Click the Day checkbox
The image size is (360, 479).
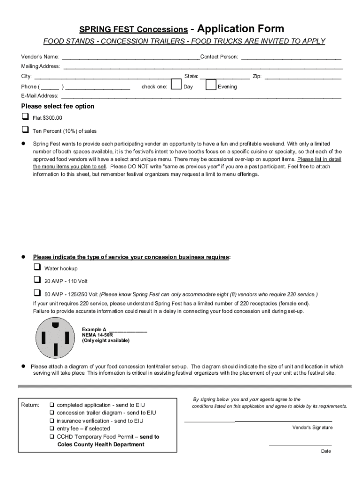coord(176,85)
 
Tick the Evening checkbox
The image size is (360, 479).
coord(211,85)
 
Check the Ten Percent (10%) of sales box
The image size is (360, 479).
coord(25,129)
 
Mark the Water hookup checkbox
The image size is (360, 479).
coord(37,267)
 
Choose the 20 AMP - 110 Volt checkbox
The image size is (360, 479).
coord(37,280)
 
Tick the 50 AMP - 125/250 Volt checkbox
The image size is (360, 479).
coord(37,293)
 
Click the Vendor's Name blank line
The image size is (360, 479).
coord(131,58)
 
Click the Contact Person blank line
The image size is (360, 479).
coord(291,58)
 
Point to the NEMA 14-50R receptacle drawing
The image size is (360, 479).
coord(55,337)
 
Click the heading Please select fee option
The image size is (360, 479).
coord(58,106)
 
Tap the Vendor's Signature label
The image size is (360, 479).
coord(312,428)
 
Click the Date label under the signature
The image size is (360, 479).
coord(326,451)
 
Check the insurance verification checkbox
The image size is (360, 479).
coord(52,421)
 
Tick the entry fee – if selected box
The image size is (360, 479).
coord(52,429)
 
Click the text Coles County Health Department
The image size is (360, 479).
coord(101,444)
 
